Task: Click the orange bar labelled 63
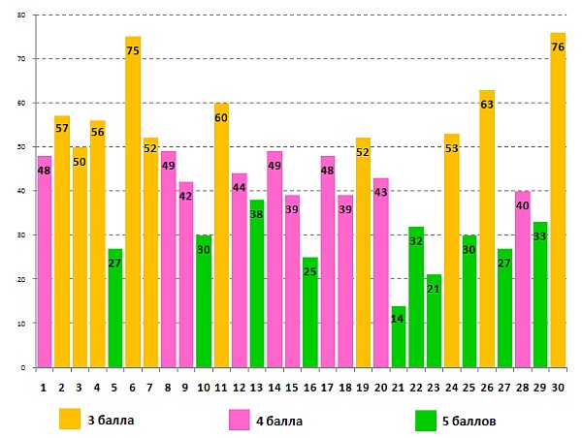[x=487, y=229]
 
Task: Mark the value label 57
[x=62, y=128]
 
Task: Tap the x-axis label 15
[x=291, y=387]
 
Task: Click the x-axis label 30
[x=558, y=387]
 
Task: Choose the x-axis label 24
[x=451, y=387]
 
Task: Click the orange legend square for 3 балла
[x=69, y=419]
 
